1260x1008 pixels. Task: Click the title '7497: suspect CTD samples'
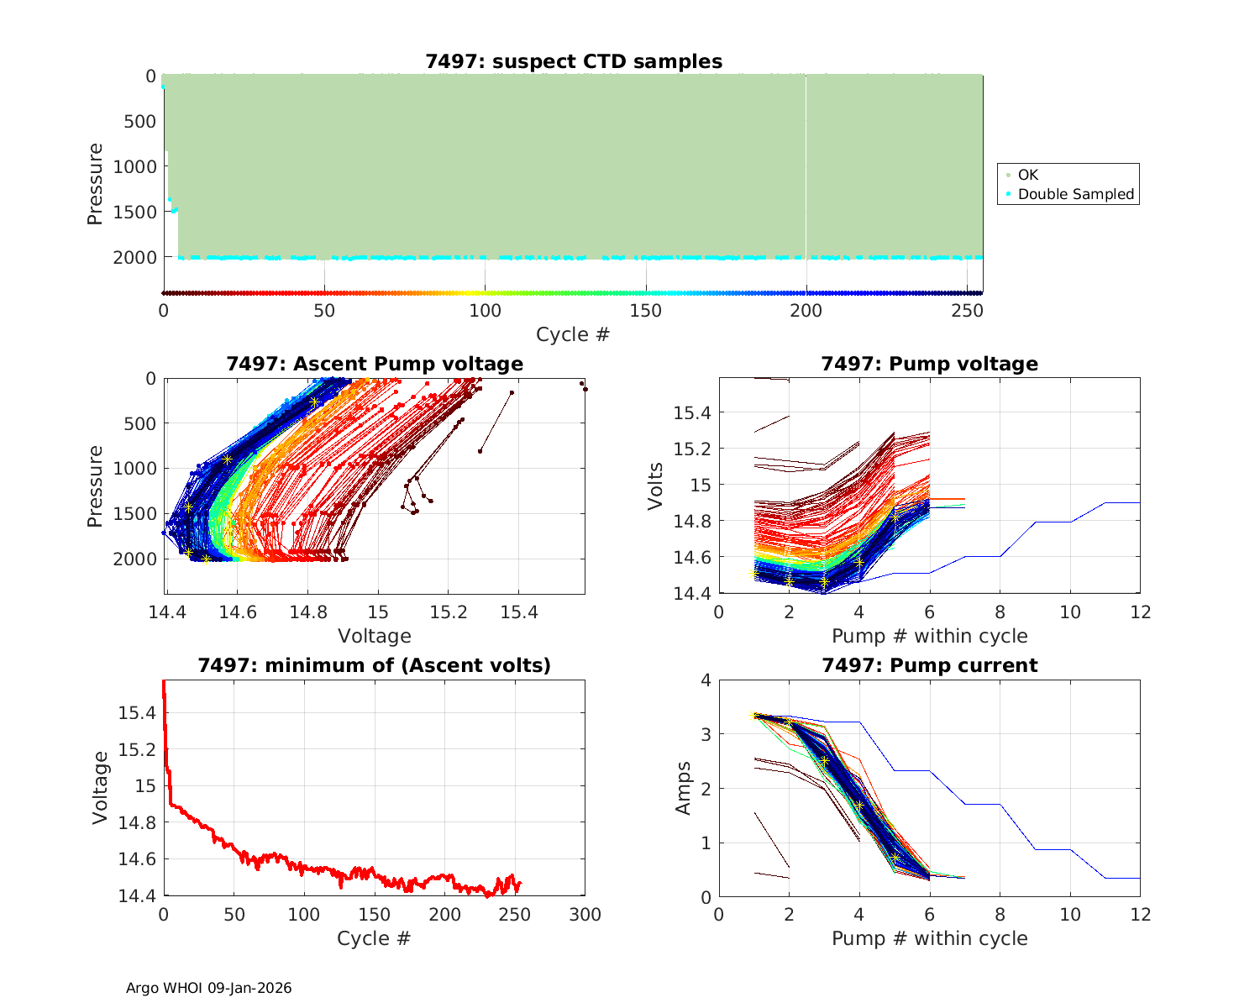[x=574, y=61]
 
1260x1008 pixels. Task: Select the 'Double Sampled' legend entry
[x=1075, y=194]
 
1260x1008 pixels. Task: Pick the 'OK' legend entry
[x=1027, y=175]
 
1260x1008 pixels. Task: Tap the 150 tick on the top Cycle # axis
[x=646, y=311]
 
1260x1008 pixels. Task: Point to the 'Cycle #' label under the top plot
[x=573, y=334]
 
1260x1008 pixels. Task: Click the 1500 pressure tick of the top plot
[x=134, y=212]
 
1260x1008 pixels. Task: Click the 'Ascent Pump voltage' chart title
[x=375, y=364]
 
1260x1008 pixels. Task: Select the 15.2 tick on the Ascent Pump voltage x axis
[x=448, y=612]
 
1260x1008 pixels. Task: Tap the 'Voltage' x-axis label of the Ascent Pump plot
[x=375, y=636]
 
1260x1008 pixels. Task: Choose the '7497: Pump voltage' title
[x=929, y=364]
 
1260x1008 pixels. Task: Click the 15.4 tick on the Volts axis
[x=692, y=412]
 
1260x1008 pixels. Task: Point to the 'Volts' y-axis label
[x=656, y=486]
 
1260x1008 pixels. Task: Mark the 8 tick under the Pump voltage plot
[x=1000, y=612]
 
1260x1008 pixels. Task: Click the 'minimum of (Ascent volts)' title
[x=375, y=665]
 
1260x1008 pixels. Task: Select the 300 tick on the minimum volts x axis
[x=585, y=914]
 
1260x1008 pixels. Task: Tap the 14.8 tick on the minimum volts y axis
[x=137, y=822]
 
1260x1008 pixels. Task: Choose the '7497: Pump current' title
[x=929, y=665]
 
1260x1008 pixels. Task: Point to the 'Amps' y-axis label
[x=684, y=788]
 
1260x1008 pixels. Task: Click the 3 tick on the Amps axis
[x=706, y=734]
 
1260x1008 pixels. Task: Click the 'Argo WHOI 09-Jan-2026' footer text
[x=209, y=988]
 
